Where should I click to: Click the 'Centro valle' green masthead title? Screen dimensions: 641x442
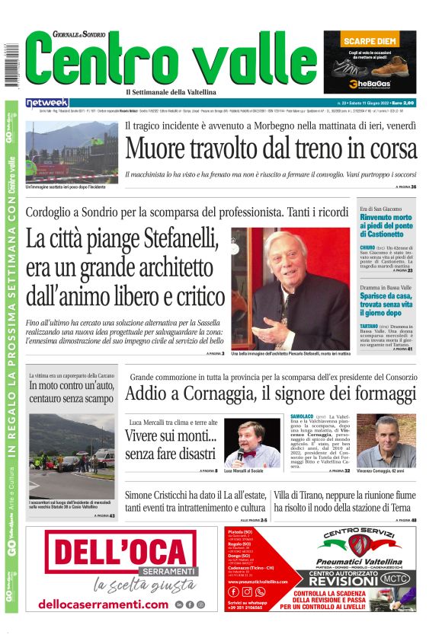click(x=171, y=62)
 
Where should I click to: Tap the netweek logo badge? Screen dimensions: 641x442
click(x=47, y=103)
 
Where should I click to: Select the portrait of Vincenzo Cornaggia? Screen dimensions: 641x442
click(x=396, y=441)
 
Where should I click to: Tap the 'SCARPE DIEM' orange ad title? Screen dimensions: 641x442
click(x=370, y=40)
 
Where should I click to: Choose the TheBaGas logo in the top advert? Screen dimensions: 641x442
click(x=370, y=84)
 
